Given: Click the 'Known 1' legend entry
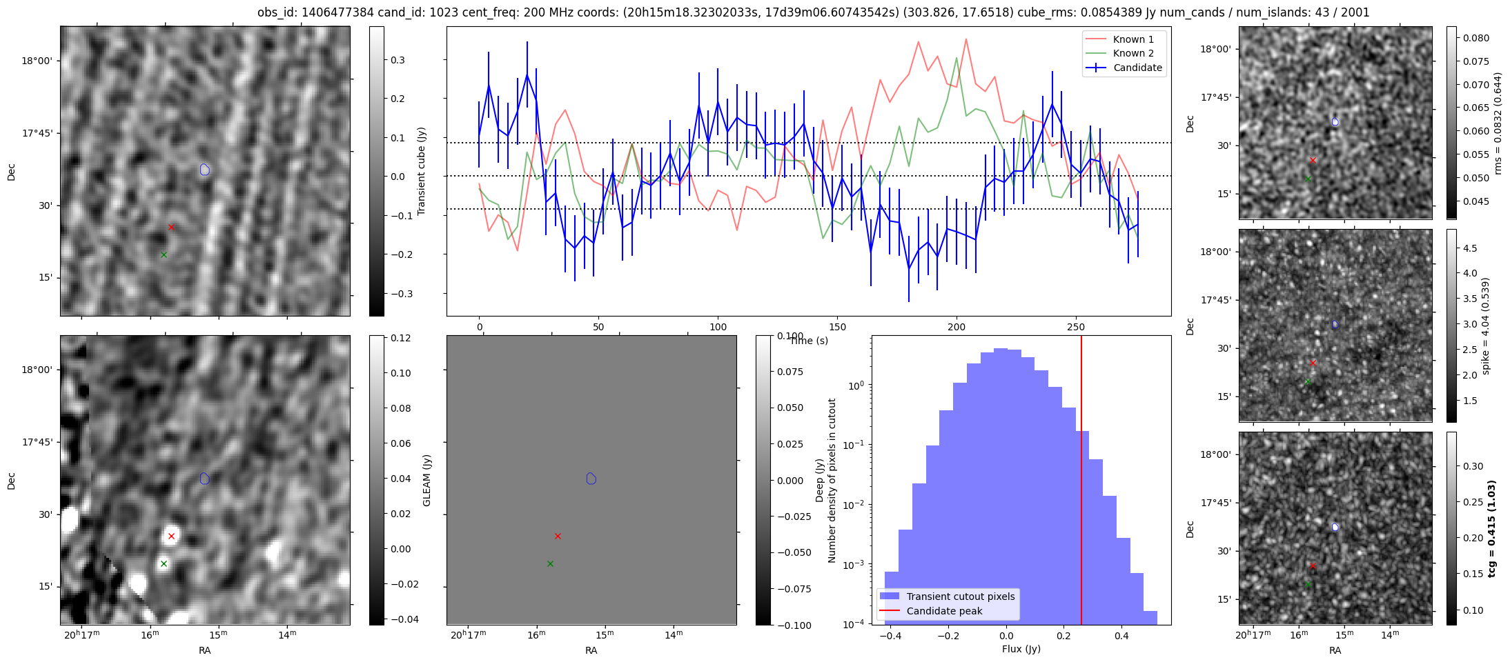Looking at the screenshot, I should (x=1132, y=39).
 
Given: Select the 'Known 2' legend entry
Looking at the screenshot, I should (x=1132, y=53).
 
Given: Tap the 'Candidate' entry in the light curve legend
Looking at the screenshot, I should (x=1137, y=68).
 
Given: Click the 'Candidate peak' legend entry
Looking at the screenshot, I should (x=944, y=611).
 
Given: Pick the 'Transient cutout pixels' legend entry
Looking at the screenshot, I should (x=960, y=596).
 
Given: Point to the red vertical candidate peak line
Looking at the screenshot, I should (x=1081, y=483).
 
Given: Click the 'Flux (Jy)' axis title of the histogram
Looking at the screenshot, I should (x=1021, y=649).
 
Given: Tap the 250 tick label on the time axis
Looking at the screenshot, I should (x=1076, y=327).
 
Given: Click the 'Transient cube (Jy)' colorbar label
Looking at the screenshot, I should (x=422, y=171).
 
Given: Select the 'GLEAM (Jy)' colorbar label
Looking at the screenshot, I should (x=426, y=481).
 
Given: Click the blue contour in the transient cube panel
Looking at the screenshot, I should (x=204, y=170).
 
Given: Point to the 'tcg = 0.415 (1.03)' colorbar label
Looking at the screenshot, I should (x=1491, y=528).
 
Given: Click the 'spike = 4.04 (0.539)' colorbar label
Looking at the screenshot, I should (x=1486, y=325).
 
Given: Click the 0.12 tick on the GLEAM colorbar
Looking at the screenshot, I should (x=401, y=338).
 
